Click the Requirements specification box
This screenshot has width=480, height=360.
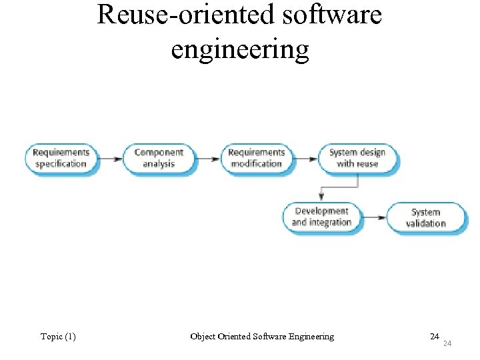click(x=61, y=158)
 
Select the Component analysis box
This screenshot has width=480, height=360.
click(x=159, y=158)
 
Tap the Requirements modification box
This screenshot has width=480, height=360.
click(x=257, y=158)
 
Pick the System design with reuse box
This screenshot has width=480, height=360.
click(x=357, y=158)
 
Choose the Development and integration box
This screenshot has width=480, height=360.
click(x=321, y=217)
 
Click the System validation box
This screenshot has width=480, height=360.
click(x=425, y=218)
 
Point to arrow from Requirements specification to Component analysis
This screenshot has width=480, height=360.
click(x=109, y=159)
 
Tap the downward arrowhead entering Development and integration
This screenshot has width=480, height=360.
click(x=321, y=197)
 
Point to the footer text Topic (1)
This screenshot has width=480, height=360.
click(x=58, y=337)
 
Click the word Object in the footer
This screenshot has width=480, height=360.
click(x=202, y=337)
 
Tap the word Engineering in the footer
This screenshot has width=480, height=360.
click(x=311, y=337)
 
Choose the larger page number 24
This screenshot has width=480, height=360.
click(x=434, y=336)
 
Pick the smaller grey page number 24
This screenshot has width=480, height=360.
click(x=447, y=343)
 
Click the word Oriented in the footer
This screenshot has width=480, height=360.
click(x=234, y=337)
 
